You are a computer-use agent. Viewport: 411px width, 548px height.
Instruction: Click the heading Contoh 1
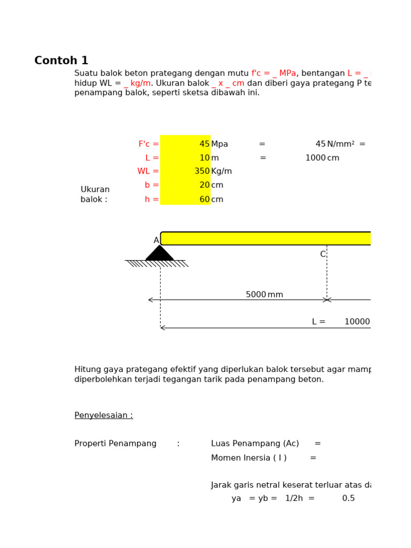coord(61,61)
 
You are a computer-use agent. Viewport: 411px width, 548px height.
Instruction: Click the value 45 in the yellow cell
coord(204,144)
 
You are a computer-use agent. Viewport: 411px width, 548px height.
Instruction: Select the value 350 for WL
coord(202,171)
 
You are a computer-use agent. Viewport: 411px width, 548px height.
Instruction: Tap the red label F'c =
coord(148,144)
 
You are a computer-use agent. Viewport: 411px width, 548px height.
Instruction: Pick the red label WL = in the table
coord(148,171)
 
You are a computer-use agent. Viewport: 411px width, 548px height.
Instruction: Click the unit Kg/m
coord(221,171)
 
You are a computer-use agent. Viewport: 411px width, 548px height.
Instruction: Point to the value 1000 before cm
coord(315,158)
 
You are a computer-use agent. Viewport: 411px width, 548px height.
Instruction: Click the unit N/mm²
coord(340,144)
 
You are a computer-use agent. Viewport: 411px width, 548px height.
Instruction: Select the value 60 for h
coord(204,200)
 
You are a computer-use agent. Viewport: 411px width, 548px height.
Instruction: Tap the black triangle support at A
coord(159,254)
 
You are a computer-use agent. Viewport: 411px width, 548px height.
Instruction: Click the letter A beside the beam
coord(156,240)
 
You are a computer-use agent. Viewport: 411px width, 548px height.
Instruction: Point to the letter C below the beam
coord(323,254)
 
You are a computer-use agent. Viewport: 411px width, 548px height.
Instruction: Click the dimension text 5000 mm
coord(264,295)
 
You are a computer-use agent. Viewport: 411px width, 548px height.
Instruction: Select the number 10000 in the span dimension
coord(357,322)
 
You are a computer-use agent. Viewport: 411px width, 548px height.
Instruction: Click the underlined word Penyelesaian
coord(103,415)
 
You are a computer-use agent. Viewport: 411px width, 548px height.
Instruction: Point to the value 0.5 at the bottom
coord(348,498)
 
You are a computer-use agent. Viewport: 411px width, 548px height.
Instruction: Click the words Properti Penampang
coord(115,444)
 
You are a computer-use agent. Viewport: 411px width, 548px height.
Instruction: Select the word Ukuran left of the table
coord(95,189)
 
